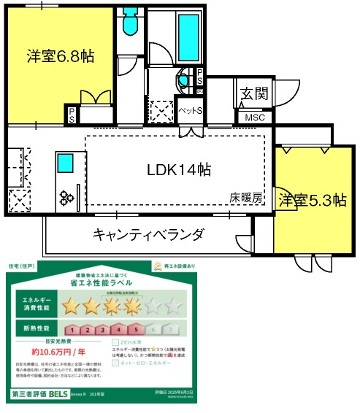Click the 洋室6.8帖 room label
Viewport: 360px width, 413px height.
61,55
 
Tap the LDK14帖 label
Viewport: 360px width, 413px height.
180,169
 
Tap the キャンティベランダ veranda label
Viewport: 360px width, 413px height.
148,234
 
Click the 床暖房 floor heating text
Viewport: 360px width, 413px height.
245,197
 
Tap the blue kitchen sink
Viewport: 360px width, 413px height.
65,162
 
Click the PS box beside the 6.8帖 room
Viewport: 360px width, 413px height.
73,114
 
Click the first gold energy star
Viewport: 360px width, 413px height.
71,305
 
